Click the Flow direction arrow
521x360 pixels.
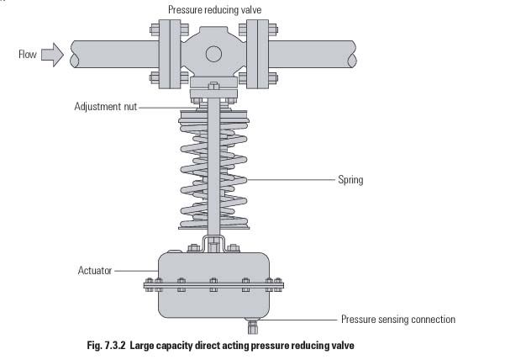tap(52, 56)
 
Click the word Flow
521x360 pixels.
tap(28, 56)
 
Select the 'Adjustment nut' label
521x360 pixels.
tap(104, 107)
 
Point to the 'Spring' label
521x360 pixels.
tap(350, 179)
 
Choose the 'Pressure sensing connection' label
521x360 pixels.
tap(397, 320)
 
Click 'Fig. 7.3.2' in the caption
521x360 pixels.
tap(105, 346)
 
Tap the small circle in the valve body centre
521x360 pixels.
tap(214, 54)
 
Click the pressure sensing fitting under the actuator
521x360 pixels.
tap(250, 323)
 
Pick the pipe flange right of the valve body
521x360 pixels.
tap(253, 54)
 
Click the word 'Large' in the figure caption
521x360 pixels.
tap(143, 346)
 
